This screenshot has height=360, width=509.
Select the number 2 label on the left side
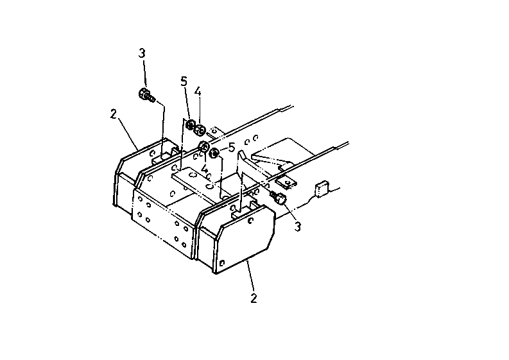(x=113, y=114)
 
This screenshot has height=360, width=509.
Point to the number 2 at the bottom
(x=254, y=298)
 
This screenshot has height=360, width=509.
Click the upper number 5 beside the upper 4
(x=184, y=81)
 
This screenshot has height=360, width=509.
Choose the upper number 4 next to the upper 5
(x=198, y=92)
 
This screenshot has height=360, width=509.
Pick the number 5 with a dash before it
(x=231, y=147)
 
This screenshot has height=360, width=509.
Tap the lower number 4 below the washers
(x=205, y=169)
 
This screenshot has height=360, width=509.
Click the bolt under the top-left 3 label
(x=145, y=96)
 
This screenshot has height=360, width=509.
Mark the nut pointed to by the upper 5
(x=191, y=124)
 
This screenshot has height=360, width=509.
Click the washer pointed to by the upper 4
(x=200, y=129)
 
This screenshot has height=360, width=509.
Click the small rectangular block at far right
(x=323, y=189)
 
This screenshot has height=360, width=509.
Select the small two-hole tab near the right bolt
(x=286, y=183)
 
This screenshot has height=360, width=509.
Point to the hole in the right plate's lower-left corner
(x=222, y=262)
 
